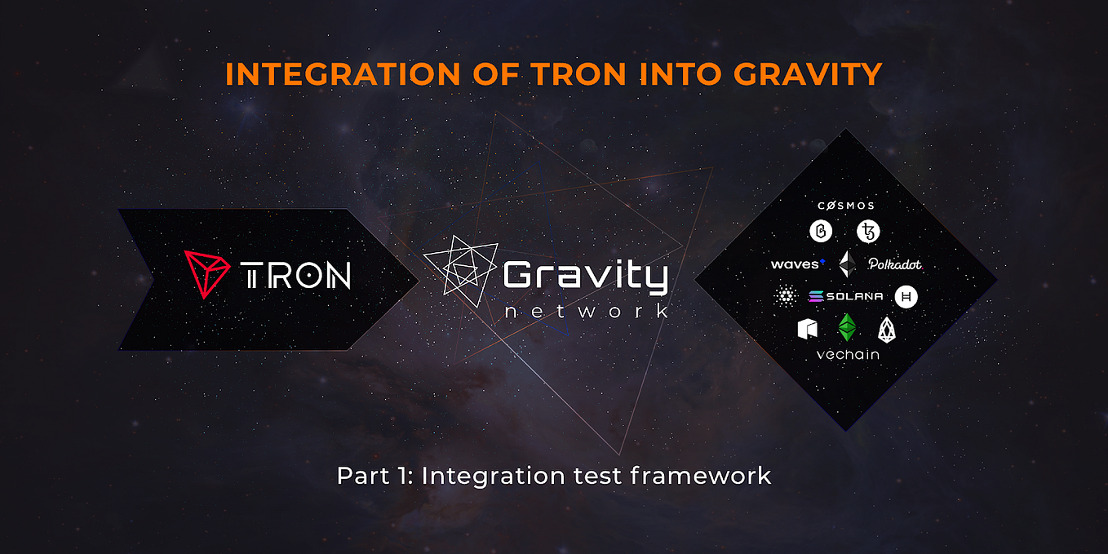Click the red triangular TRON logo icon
[x=206, y=273]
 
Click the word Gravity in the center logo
[x=585, y=278]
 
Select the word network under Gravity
[x=587, y=312]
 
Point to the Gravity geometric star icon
[x=460, y=269]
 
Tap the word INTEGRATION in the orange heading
[x=343, y=74]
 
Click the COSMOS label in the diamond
[x=845, y=206]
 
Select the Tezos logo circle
[x=868, y=233]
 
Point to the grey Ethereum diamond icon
[x=849, y=264]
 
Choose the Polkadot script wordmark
[x=895, y=264]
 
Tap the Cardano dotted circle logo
[x=787, y=296]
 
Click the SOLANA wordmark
[x=845, y=296]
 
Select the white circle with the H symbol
[x=906, y=296]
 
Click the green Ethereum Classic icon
[x=849, y=327]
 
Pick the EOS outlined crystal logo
[x=887, y=329]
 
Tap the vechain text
[x=848, y=355]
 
